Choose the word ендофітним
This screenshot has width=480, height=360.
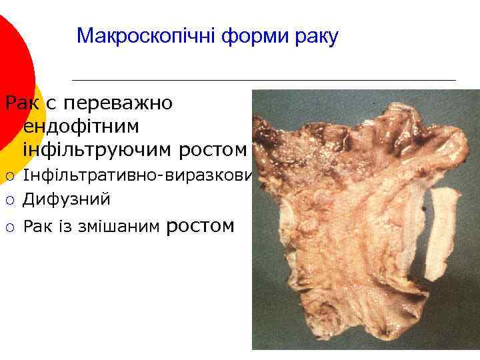coord(80,126)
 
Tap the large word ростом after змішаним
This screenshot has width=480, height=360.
coord(199,226)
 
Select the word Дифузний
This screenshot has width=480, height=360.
coord(67,199)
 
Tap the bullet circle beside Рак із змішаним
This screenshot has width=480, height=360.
coord(9,228)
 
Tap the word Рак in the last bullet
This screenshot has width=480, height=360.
coord(37,227)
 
